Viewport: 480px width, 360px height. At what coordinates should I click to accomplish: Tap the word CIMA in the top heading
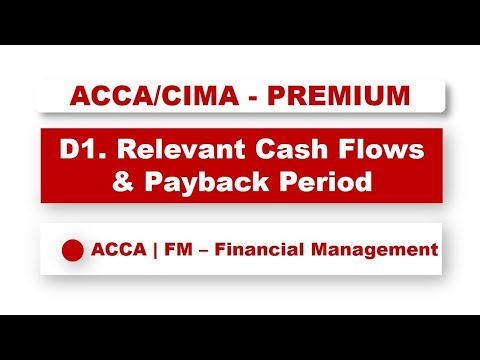[178, 96]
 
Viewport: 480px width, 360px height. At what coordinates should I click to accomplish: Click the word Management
[378, 248]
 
